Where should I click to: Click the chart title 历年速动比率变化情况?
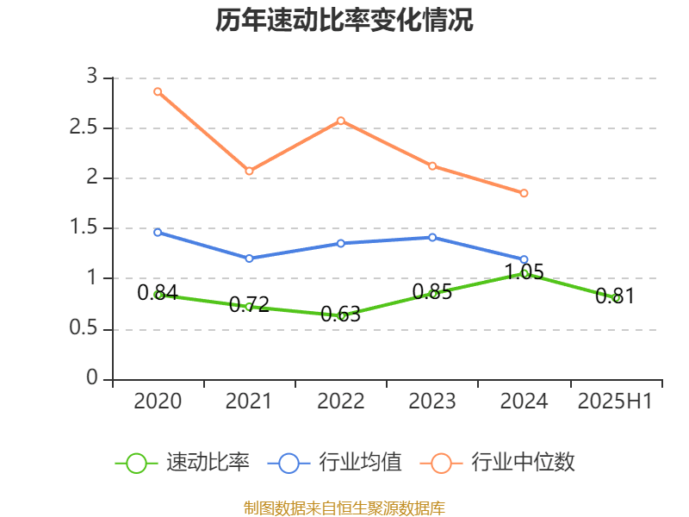pos(344,21)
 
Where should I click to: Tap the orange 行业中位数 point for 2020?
pos(158,91)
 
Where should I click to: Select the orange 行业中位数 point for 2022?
pos(341,121)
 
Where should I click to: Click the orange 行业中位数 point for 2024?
pos(524,193)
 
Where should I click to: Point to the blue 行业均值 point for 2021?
pos(249,258)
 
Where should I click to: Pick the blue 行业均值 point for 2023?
pos(432,237)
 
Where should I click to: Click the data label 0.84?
pos(158,293)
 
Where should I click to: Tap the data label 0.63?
pos(341,315)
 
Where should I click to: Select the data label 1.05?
pos(524,272)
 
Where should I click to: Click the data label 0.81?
pos(615,296)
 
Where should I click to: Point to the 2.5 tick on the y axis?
pos(90,128)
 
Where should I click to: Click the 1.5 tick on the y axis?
pos(90,228)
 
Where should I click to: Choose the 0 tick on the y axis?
pos(93,379)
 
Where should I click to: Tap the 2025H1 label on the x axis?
pos(615,402)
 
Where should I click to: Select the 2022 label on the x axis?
pos(341,402)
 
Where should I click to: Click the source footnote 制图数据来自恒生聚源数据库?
pos(344,508)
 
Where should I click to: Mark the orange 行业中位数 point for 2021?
pos(249,171)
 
